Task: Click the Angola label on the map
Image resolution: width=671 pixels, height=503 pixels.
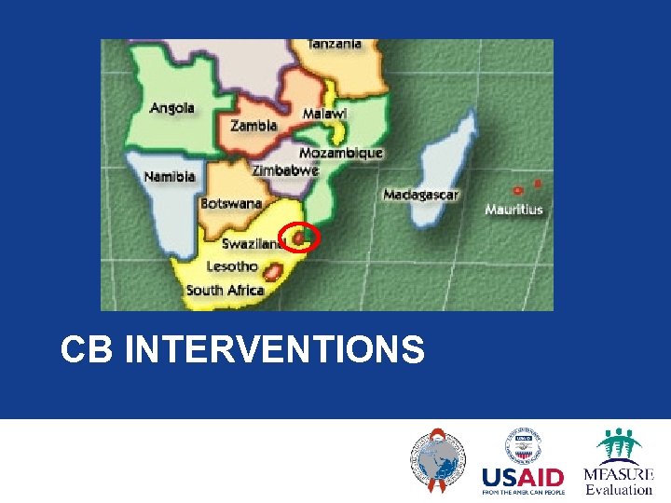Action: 172,107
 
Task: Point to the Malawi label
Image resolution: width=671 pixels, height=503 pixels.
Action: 324,113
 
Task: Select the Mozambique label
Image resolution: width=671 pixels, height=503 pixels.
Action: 341,153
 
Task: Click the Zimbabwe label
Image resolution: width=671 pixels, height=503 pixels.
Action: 285,170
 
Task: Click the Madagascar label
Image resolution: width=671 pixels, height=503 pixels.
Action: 421,195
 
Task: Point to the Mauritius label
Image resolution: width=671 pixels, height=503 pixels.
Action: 514,210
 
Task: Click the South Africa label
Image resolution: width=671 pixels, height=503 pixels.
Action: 225,290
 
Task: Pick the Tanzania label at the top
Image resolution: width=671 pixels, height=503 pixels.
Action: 335,44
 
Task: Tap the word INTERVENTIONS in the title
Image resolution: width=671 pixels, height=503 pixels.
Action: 274,350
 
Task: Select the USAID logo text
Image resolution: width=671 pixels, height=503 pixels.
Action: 523,479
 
